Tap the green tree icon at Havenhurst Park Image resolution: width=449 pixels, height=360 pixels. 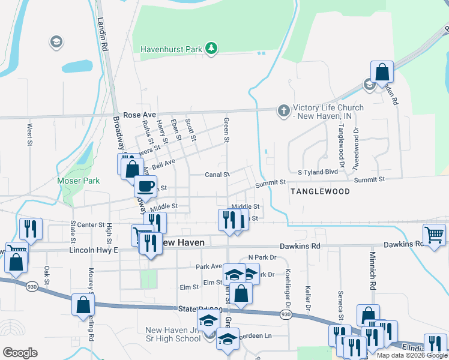pos(211,48)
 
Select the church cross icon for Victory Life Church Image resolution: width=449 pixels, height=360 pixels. pos(283,110)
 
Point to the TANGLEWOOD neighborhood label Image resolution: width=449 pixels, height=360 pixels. pos(320,191)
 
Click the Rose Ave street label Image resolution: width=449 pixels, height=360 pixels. pos(139,115)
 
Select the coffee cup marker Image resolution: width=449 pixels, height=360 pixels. pos(145,185)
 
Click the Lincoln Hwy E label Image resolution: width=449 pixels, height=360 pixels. pos(93,250)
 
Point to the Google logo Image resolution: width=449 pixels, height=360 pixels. pos(20,353)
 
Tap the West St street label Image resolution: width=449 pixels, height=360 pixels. pos(29,135)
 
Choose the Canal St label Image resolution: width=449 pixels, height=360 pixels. pos(217,175)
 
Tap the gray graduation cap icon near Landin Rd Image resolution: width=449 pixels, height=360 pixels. pos(56,42)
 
